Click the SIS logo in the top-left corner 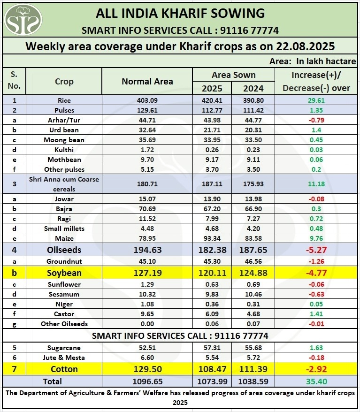tap(23, 19)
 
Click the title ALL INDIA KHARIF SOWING tap(180, 13)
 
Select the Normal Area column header tap(147, 81)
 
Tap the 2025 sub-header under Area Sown tap(212, 88)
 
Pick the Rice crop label tap(64, 100)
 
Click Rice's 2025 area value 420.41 tap(212, 100)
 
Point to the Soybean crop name tap(64, 273)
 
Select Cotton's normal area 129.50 tap(147, 369)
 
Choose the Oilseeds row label tap(64, 250)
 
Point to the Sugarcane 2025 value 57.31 tap(212, 348)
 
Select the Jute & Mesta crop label tap(64, 358)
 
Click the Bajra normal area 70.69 tap(147, 209)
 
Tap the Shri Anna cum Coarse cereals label tap(64, 184)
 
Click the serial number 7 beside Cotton tap(14, 369)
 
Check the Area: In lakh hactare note tap(313, 61)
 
